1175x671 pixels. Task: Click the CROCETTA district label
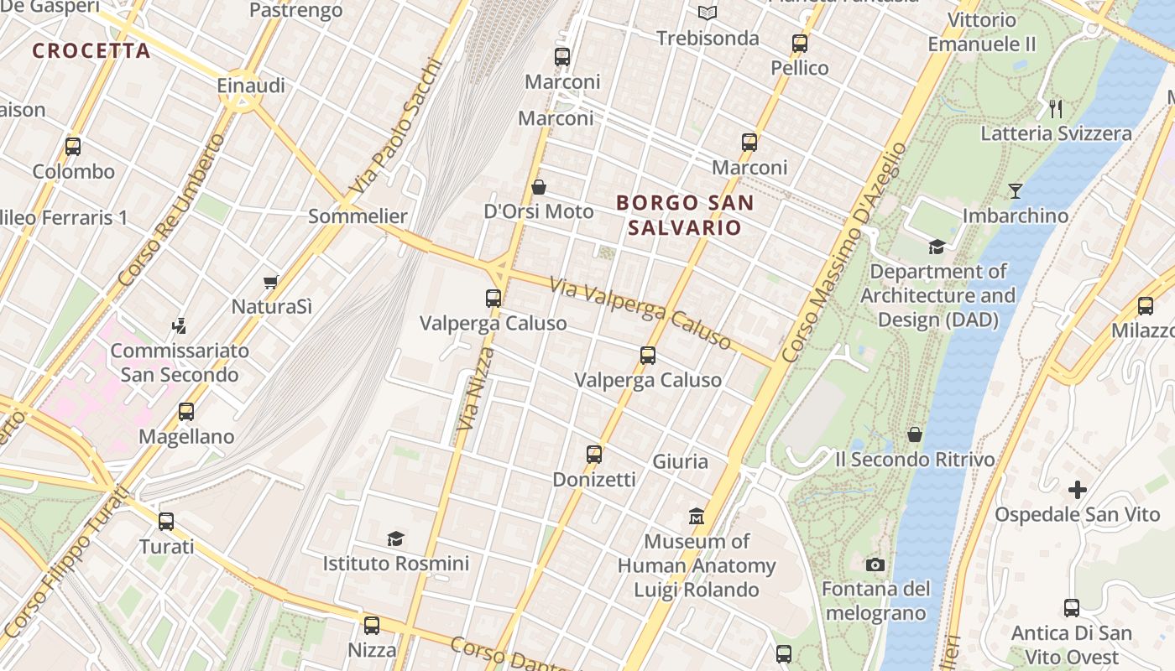click(x=91, y=50)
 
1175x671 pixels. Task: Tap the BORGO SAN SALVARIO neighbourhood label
click(x=685, y=215)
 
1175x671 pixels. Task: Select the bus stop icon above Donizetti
click(x=594, y=455)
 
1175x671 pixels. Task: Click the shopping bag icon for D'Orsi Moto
click(x=539, y=187)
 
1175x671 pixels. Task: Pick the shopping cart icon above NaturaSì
click(x=270, y=283)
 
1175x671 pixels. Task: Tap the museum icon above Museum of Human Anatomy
click(x=697, y=516)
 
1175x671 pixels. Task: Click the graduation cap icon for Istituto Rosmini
click(x=395, y=538)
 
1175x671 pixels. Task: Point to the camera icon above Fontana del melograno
click(x=875, y=564)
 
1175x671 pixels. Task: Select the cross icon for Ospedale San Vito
click(x=1078, y=490)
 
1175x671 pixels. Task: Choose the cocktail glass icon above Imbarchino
click(x=1016, y=191)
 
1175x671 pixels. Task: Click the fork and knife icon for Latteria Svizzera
click(x=1056, y=108)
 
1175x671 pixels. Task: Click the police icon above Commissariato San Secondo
click(x=178, y=325)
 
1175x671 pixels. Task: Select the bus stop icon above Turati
click(x=166, y=522)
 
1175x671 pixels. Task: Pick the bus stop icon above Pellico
click(x=800, y=44)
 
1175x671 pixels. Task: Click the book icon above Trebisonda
click(x=708, y=13)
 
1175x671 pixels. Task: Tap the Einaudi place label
click(x=251, y=86)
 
